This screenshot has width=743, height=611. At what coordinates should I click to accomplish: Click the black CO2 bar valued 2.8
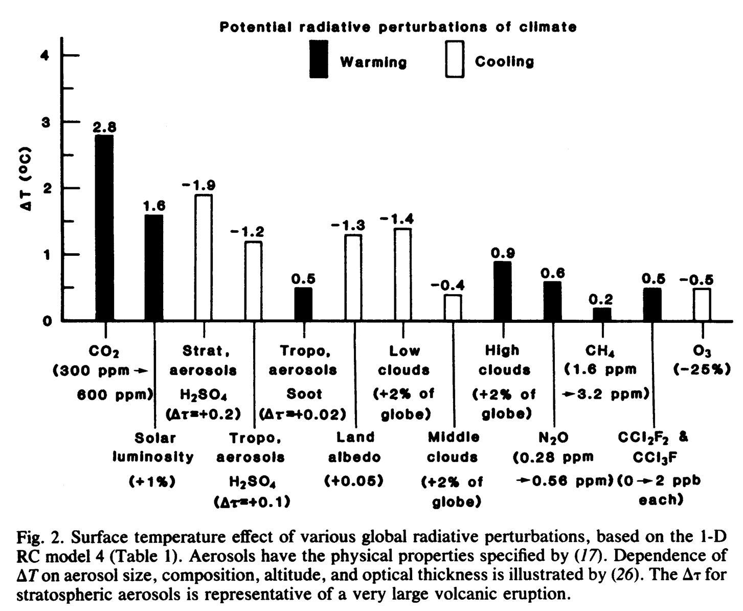point(104,228)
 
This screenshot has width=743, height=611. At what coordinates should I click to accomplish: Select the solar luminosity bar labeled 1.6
point(154,268)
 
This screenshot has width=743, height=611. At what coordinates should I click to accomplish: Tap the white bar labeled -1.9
point(204,257)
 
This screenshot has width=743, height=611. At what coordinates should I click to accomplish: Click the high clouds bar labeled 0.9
point(502,291)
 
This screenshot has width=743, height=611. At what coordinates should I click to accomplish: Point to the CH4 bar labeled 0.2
point(602,314)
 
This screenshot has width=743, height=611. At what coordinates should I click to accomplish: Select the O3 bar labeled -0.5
point(702,304)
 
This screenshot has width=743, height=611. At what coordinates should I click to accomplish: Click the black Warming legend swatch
point(319,59)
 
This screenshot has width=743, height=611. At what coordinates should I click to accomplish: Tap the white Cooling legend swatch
point(455,59)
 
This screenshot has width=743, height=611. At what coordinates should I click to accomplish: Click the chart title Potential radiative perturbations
point(398,27)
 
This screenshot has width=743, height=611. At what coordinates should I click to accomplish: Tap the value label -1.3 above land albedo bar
point(348,225)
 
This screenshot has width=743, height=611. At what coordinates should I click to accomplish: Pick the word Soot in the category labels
point(304,394)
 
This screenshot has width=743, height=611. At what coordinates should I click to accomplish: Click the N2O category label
point(553,438)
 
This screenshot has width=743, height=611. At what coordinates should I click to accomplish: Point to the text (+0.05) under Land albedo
point(354,481)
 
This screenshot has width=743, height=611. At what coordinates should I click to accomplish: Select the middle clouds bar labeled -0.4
point(453,308)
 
